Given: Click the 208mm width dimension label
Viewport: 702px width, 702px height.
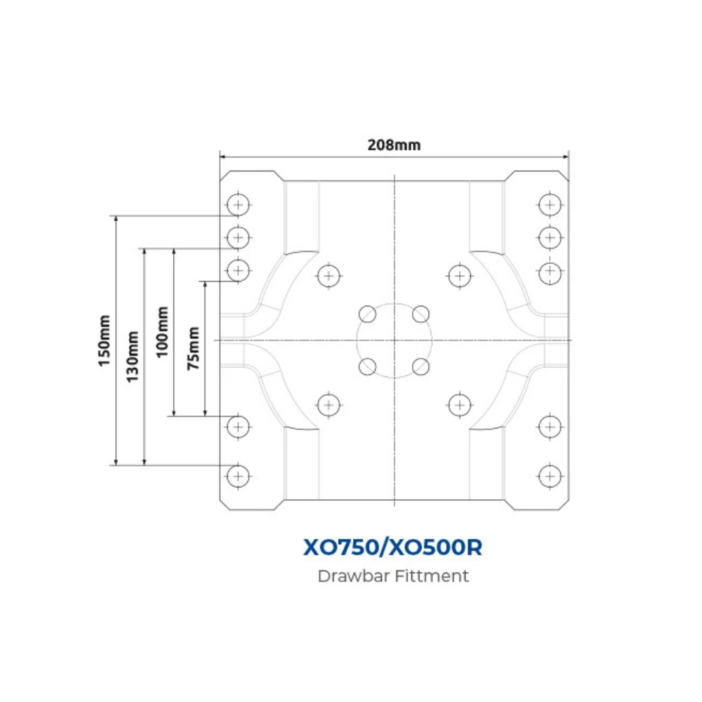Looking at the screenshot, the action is (394, 145).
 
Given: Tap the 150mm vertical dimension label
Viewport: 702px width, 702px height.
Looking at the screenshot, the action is (105, 340).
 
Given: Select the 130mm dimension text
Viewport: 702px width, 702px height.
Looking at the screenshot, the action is (133, 357).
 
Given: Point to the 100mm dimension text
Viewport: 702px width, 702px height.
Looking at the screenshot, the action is (163, 332).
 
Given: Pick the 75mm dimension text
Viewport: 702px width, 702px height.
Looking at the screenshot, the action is (194, 348).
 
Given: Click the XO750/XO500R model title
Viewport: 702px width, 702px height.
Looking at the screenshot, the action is (392, 547).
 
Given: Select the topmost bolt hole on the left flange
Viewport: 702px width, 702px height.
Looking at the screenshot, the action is (238, 205).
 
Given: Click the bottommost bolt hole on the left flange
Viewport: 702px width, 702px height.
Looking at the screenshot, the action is (238, 476).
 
